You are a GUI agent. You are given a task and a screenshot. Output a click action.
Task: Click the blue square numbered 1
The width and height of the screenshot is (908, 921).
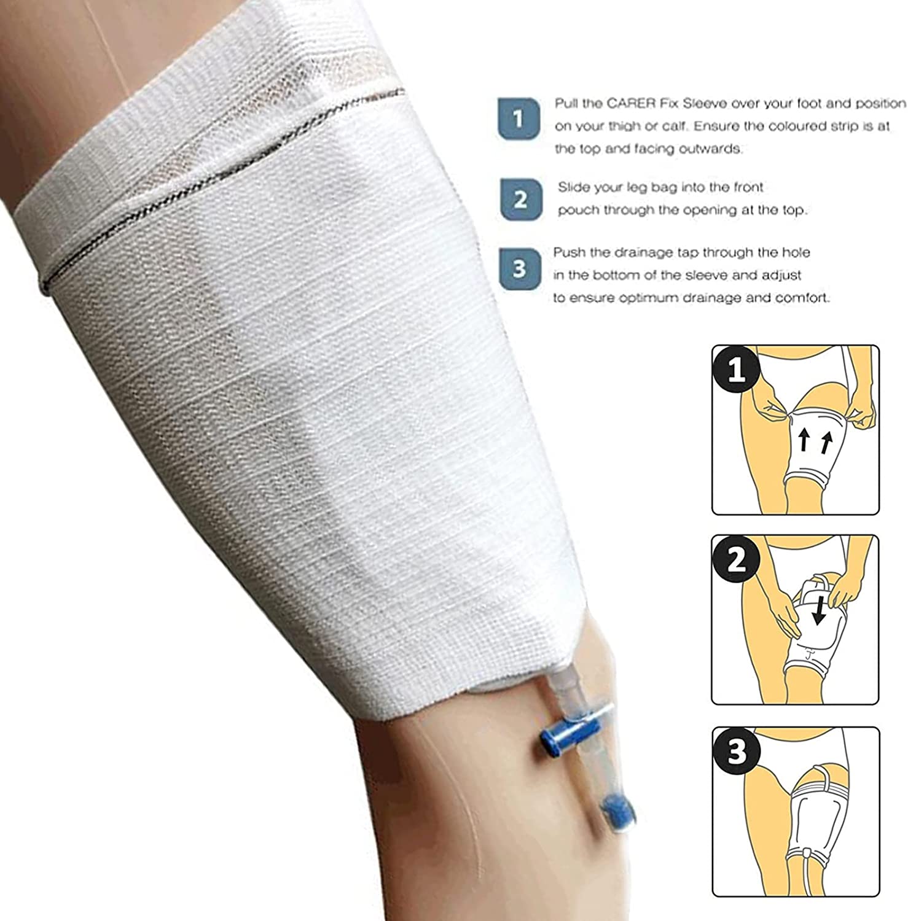pyautogui.click(x=519, y=119)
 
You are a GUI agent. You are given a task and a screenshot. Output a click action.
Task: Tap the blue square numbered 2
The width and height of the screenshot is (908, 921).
pyautogui.click(x=520, y=200)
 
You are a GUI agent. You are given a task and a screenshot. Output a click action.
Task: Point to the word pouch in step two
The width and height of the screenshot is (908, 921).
pyautogui.click(x=574, y=210)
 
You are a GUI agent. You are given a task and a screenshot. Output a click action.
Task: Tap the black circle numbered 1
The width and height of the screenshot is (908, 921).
pyautogui.click(x=736, y=370)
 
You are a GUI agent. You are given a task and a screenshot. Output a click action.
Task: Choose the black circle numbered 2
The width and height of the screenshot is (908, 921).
pyautogui.click(x=736, y=561)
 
